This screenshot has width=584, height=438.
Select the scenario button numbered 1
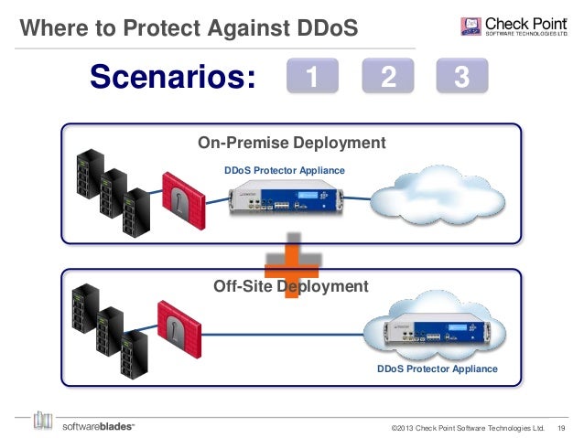[313, 79]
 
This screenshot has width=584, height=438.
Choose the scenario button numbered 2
[388, 79]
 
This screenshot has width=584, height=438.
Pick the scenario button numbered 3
[462, 79]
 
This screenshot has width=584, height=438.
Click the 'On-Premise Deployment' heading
[291, 143]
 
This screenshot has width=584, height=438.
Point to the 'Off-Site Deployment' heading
[290, 286]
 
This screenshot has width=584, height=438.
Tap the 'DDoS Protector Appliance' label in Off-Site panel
[438, 369]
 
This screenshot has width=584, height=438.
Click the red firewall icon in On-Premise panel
[178, 198]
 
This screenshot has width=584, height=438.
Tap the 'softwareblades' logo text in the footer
[98, 425]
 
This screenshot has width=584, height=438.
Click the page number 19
[561, 427]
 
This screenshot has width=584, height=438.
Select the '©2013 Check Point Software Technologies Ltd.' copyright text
[467, 427]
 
